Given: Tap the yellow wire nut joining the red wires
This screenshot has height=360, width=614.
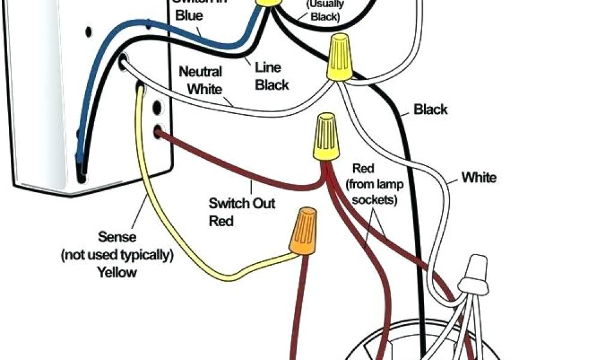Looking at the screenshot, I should point(323,139).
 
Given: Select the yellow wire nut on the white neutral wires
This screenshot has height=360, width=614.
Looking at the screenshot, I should point(339,58).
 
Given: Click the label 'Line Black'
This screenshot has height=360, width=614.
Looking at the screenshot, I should point(272,76).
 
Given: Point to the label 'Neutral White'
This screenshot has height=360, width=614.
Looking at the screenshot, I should point(201,80).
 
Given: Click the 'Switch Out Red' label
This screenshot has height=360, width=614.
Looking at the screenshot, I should point(242,212).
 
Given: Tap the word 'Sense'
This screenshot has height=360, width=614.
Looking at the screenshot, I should point(117,238).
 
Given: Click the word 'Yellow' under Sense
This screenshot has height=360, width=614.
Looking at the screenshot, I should point(117,272).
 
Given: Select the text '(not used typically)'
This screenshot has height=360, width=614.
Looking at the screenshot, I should point(117,255).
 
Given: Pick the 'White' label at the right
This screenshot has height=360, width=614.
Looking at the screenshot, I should point(478,178).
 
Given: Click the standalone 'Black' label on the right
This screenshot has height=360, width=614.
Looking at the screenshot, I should point(431,109).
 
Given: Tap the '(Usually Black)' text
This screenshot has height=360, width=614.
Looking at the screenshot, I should point(324,11).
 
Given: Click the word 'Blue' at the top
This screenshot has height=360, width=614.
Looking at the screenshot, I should point(189,16).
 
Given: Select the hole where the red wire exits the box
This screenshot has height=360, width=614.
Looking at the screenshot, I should point(159,131).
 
